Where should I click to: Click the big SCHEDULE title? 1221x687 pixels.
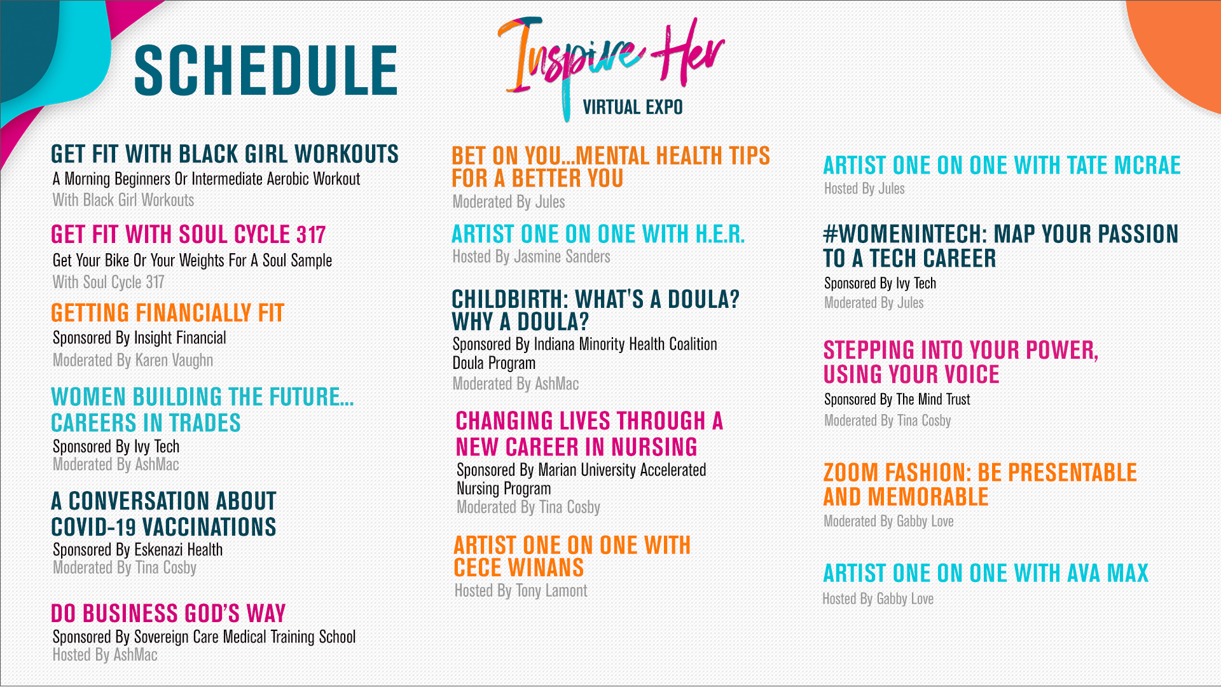(266, 70)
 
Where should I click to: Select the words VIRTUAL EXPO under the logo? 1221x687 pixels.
(632, 108)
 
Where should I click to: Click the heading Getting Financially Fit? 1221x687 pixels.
(167, 313)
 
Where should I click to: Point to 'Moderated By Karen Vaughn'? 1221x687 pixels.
(132, 360)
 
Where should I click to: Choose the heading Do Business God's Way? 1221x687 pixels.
(168, 613)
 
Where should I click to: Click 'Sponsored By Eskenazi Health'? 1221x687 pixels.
(137, 550)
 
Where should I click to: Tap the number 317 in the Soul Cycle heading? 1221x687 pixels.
(310, 235)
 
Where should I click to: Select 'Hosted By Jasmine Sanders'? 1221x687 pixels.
(531, 257)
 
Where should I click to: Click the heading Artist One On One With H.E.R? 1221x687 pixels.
(598, 234)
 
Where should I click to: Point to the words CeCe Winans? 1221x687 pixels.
(518, 567)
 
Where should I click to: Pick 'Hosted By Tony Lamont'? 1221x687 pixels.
(520, 591)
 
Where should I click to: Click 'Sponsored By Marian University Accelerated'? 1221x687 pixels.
(581, 470)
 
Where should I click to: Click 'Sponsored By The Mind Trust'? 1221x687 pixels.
(897, 399)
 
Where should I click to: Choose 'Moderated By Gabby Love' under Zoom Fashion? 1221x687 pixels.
(888, 522)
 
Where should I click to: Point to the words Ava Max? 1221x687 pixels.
(1108, 573)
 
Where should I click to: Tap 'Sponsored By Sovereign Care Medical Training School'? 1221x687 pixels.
(203, 637)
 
